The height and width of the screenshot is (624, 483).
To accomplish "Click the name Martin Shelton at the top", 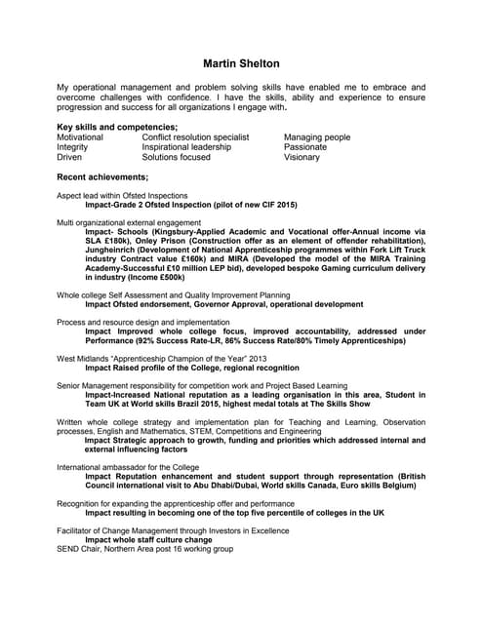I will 241,63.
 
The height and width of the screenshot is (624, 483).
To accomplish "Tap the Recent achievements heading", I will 102,176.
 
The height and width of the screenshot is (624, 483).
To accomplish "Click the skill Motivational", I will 80,137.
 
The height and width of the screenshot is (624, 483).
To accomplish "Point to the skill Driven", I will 69,157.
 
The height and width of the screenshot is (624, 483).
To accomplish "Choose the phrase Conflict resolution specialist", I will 195,137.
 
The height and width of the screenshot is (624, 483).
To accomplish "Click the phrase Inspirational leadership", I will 186,147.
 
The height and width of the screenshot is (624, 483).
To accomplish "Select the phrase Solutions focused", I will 176,157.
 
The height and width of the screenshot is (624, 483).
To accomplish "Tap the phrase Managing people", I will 317,137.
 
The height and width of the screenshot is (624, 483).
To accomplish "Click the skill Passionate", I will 306,147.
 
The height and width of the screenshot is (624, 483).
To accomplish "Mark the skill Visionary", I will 302,157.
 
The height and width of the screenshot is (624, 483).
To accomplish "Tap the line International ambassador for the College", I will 128,467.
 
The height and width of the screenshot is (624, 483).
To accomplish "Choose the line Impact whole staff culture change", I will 148,539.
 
